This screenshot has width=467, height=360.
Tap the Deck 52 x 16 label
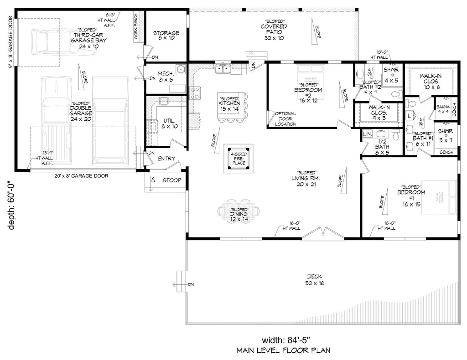point(314,279)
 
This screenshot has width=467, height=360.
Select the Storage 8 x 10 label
point(166,36)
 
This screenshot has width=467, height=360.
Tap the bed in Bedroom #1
point(438,196)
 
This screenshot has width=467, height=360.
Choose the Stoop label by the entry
point(172,180)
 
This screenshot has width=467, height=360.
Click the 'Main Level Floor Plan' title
point(283,351)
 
